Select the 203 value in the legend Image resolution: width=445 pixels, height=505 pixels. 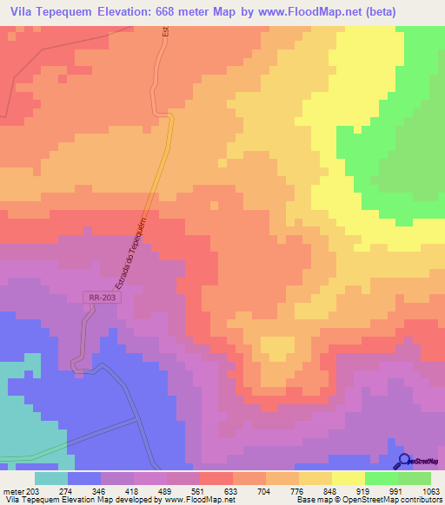point(33,490)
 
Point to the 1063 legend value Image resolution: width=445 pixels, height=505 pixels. point(430,490)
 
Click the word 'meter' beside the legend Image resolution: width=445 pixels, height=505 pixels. point(13,490)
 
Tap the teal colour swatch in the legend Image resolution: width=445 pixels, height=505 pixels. point(50,478)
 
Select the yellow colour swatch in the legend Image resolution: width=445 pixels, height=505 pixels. point(348,478)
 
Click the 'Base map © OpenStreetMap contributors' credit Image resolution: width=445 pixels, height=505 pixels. point(368,500)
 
